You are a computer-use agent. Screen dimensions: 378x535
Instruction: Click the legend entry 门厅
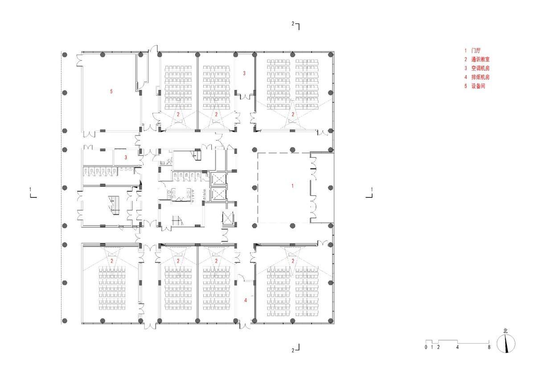[x=475, y=51]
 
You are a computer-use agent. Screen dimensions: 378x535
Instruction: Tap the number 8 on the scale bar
[x=489, y=347]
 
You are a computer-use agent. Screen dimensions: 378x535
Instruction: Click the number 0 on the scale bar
[x=426, y=347]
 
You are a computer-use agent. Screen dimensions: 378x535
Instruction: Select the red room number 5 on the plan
[x=111, y=91]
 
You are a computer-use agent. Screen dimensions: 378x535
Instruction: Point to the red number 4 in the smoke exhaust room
[x=245, y=300]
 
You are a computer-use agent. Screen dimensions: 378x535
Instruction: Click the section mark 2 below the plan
[x=293, y=350]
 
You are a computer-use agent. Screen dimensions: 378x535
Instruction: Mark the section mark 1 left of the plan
[x=30, y=190]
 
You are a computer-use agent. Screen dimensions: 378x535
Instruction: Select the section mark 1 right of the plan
[x=372, y=190]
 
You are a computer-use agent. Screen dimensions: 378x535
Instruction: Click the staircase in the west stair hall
[x=114, y=206]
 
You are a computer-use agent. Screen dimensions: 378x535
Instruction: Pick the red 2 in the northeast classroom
[x=293, y=115]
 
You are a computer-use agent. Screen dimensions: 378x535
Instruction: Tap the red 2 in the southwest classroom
[x=112, y=261]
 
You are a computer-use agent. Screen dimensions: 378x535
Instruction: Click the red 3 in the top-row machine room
[x=244, y=73]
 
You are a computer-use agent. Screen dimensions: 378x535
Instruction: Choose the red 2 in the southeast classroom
[x=293, y=261]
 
